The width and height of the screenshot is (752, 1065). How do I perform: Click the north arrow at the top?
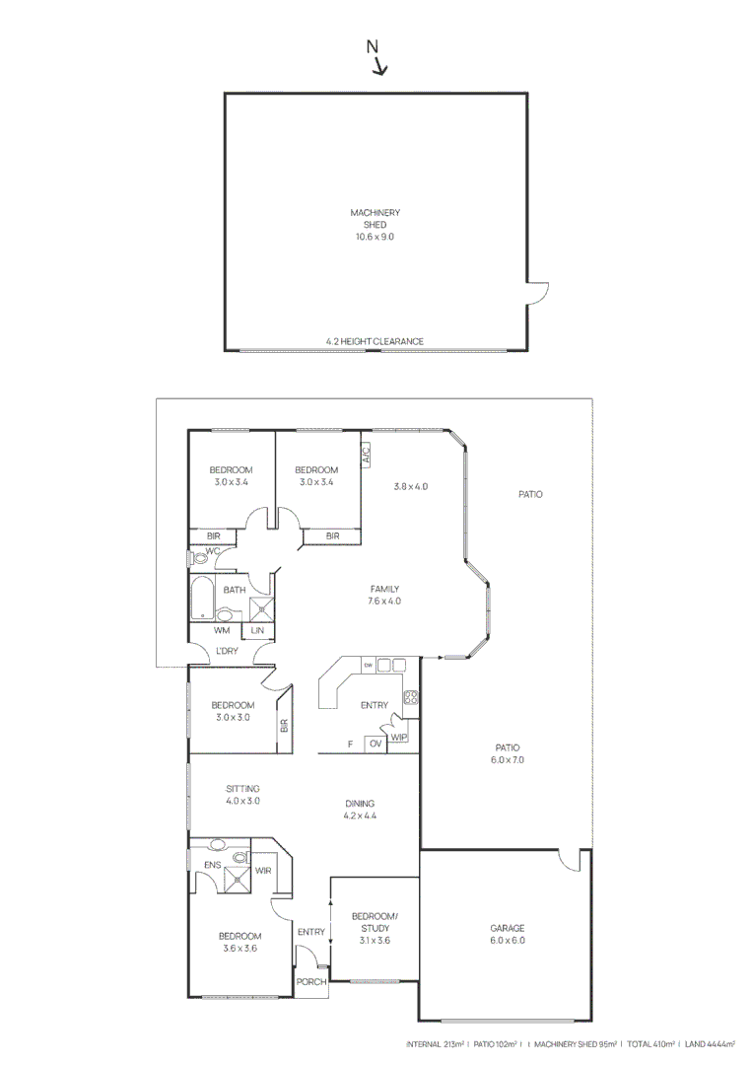[377, 60]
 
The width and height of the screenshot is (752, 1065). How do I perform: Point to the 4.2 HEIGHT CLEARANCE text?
[375, 342]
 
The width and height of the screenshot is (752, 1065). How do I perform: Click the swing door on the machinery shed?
[537, 293]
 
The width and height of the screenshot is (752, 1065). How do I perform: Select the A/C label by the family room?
[365, 454]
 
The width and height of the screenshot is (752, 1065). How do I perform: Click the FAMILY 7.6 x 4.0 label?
[384, 595]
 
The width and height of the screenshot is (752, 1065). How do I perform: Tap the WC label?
[212, 551]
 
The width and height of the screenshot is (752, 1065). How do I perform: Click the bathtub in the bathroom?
[202, 598]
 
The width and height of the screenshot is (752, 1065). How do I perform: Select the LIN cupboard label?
[258, 630]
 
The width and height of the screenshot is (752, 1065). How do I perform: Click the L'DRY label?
[227, 652]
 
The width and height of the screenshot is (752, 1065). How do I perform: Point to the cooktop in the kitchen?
[411, 698]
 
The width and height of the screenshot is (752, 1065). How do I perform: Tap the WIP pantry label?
[399, 737]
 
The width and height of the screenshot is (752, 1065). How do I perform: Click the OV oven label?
[375, 744]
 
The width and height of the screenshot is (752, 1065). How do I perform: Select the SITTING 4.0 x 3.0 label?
[242, 795]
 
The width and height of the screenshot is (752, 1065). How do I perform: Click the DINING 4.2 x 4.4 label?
[360, 810]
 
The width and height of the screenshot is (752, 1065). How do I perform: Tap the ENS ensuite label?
[212, 865]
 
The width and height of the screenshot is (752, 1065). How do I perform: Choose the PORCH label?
[311, 982]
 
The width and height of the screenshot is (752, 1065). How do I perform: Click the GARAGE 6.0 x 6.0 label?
[508, 934]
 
